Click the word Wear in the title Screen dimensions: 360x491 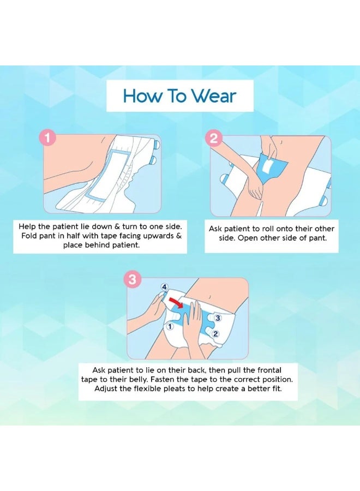[x=213, y=96]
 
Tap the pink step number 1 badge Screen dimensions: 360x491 [x=47, y=138]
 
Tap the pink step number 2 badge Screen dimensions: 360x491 [x=213, y=138]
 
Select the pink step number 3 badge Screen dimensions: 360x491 [x=133, y=279]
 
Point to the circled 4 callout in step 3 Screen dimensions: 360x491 [x=164, y=287]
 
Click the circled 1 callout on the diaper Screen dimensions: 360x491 [x=170, y=327]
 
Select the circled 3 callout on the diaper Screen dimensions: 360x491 [x=218, y=318]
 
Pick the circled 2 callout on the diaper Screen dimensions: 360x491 [x=215, y=334]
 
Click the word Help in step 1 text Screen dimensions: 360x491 [x=27, y=226]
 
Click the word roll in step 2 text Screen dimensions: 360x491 [x=267, y=229]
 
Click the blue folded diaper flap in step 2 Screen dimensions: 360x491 [x=272, y=167]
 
